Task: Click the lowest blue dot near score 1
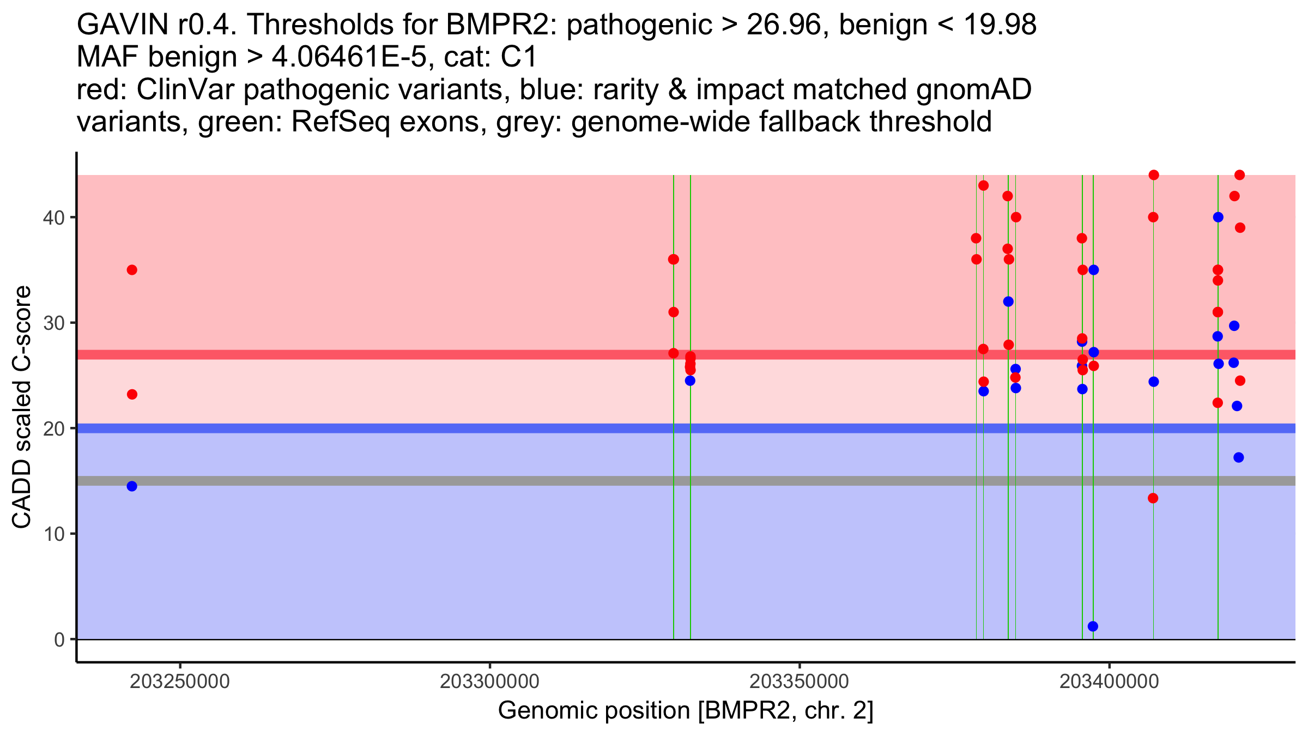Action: click(1093, 626)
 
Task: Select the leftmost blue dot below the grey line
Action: click(132, 486)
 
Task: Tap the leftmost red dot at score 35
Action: click(132, 270)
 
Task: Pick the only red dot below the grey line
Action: click(1153, 498)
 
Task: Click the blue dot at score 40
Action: click(1218, 217)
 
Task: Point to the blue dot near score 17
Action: click(1238, 457)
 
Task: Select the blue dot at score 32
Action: click(1008, 301)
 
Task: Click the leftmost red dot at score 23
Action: click(132, 394)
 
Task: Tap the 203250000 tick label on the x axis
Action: click(180, 681)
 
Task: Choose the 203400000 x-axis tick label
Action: click(1109, 681)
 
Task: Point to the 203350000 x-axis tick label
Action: click(800, 681)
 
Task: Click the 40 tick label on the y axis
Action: click(53, 218)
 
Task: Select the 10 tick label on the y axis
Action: click(53, 534)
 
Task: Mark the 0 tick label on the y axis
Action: click(59, 640)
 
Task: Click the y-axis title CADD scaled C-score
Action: click(22, 407)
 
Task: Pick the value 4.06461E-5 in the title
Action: click(349, 57)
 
